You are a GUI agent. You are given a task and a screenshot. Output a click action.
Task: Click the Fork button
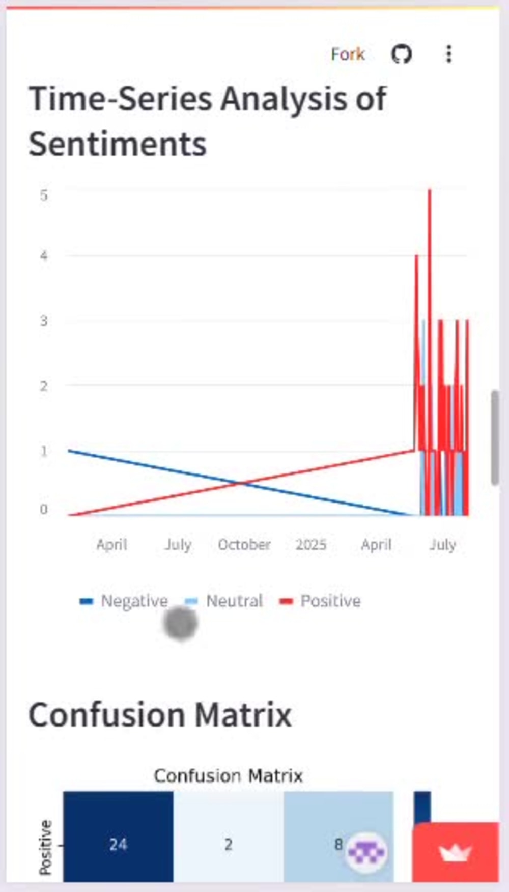pyautogui.click(x=348, y=54)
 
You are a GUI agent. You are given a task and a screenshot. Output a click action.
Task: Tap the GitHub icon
pyautogui.click(x=401, y=54)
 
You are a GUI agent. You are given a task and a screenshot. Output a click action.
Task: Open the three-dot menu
pyautogui.click(x=448, y=54)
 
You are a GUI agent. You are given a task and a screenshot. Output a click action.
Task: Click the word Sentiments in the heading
pyautogui.click(x=118, y=144)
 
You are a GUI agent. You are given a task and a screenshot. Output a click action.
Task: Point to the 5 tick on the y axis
pyautogui.click(x=44, y=195)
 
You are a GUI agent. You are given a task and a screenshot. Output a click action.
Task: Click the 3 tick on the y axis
pyautogui.click(x=44, y=320)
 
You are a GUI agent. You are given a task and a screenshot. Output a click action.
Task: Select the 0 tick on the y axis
pyautogui.click(x=44, y=509)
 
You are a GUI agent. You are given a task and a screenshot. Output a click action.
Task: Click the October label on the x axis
pyautogui.click(x=244, y=544)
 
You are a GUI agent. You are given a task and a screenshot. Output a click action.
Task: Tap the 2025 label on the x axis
pyautogui.click(x=311, y=544)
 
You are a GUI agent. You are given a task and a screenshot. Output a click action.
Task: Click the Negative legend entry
pyautogui.click(x=124, y=601)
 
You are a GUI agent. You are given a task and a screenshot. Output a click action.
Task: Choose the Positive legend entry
pyautogui.click(x=320, y=601)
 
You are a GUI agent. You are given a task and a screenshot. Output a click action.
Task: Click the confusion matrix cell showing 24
pyautogui.click(x=118, y=836)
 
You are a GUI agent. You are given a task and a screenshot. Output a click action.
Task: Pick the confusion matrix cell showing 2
pyautogui.click(x=229, y=836)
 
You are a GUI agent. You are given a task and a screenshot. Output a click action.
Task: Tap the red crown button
pyautogui.click(x=456, y=851)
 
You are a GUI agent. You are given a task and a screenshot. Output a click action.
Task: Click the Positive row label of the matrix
pyautogui.click(x=46, y=847)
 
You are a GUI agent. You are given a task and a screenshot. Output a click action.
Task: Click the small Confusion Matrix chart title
pyautogui.click(x=229, y=775)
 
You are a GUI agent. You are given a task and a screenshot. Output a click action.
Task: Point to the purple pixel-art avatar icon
pyautogui.click(x=366, y=851)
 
